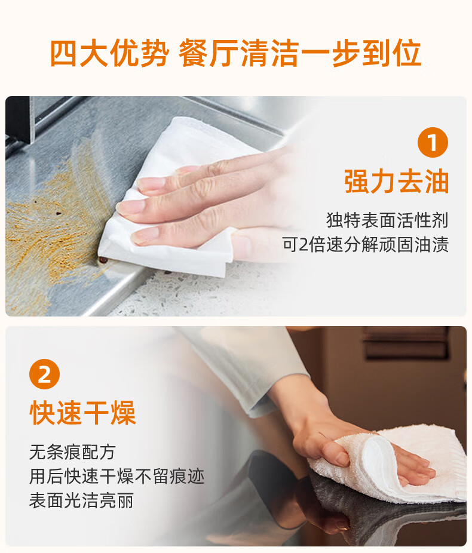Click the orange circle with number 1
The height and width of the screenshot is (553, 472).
[x=433, y=143]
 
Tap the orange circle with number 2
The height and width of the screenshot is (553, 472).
[x=44, y=374]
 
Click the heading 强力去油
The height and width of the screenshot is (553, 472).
[x=396, y=182]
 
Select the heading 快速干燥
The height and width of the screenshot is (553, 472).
[x=83, y=413]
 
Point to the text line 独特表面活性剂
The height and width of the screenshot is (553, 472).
[x=387, y=220]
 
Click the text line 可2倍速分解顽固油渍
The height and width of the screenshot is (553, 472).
[x=365, y=244]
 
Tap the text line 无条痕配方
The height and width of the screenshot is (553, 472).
[x=73, y=452]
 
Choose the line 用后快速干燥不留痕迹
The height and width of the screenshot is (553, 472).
[x=117, y=477]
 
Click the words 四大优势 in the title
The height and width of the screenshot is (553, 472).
[x=109, y=53]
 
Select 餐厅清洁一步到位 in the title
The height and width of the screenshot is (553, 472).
[x=300, y=53]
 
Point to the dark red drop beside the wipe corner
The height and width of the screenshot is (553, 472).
[x=103, y=260]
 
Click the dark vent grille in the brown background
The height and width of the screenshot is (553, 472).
[x=406, y=342]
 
